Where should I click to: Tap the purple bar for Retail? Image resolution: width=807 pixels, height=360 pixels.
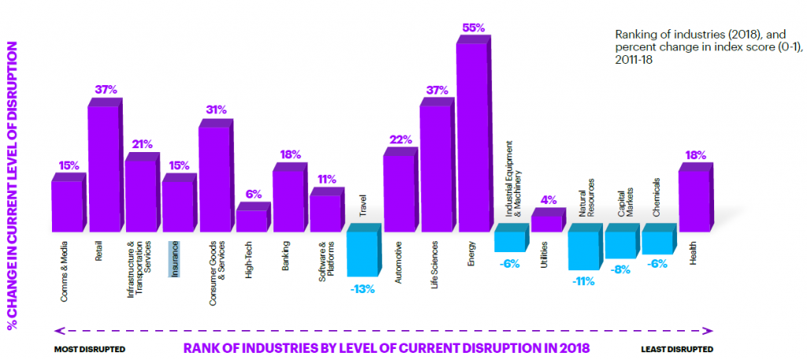102,169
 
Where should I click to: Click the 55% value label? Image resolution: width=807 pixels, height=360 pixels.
474,28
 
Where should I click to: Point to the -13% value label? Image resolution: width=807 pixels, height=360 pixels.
363,289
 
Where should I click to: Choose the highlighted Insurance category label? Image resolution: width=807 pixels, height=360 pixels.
175,259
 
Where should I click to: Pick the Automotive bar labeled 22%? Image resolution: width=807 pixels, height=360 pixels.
399,193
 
